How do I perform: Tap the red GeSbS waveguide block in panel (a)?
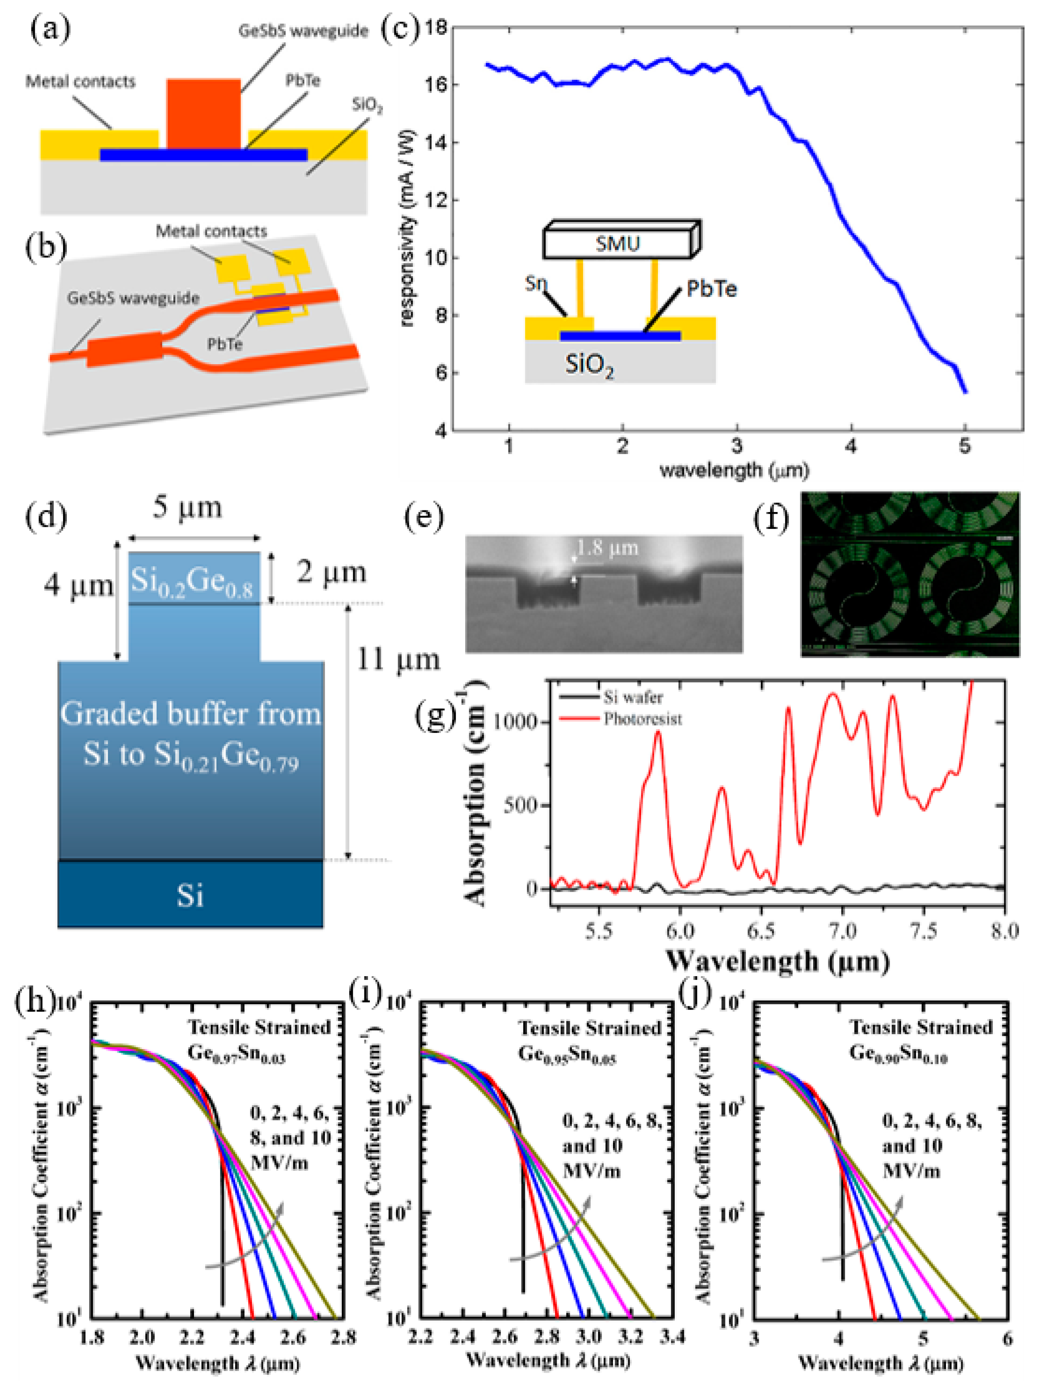203,113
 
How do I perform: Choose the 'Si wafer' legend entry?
633,697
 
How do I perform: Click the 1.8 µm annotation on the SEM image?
607,548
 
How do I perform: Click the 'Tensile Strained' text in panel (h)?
259,1027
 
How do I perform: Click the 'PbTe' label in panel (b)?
225,344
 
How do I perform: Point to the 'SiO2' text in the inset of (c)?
589,365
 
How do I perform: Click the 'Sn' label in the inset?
536,284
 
